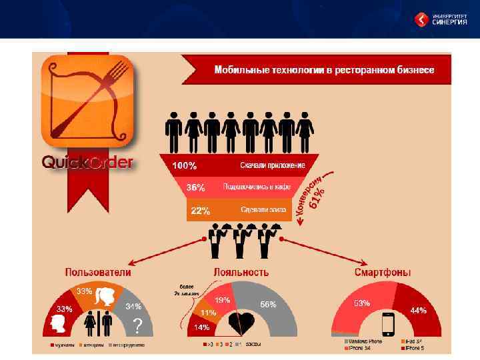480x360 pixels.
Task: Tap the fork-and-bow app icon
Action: coord(87,100)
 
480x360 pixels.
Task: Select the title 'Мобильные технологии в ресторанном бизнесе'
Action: coord(324,69)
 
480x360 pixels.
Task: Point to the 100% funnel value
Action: coord(185,165)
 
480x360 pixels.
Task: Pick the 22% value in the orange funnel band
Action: coord(201,211)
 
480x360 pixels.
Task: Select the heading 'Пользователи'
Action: coord(97,272)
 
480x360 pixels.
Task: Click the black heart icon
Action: coord(241,323)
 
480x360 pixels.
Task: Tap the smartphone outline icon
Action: coord(389,325)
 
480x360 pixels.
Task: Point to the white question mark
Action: coord(138,325)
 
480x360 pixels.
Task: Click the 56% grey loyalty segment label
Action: coord(269,305)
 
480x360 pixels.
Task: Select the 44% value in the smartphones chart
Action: coord(418,310)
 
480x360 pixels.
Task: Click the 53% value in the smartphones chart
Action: coord(362,303)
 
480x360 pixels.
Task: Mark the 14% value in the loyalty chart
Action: coord(201,327)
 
